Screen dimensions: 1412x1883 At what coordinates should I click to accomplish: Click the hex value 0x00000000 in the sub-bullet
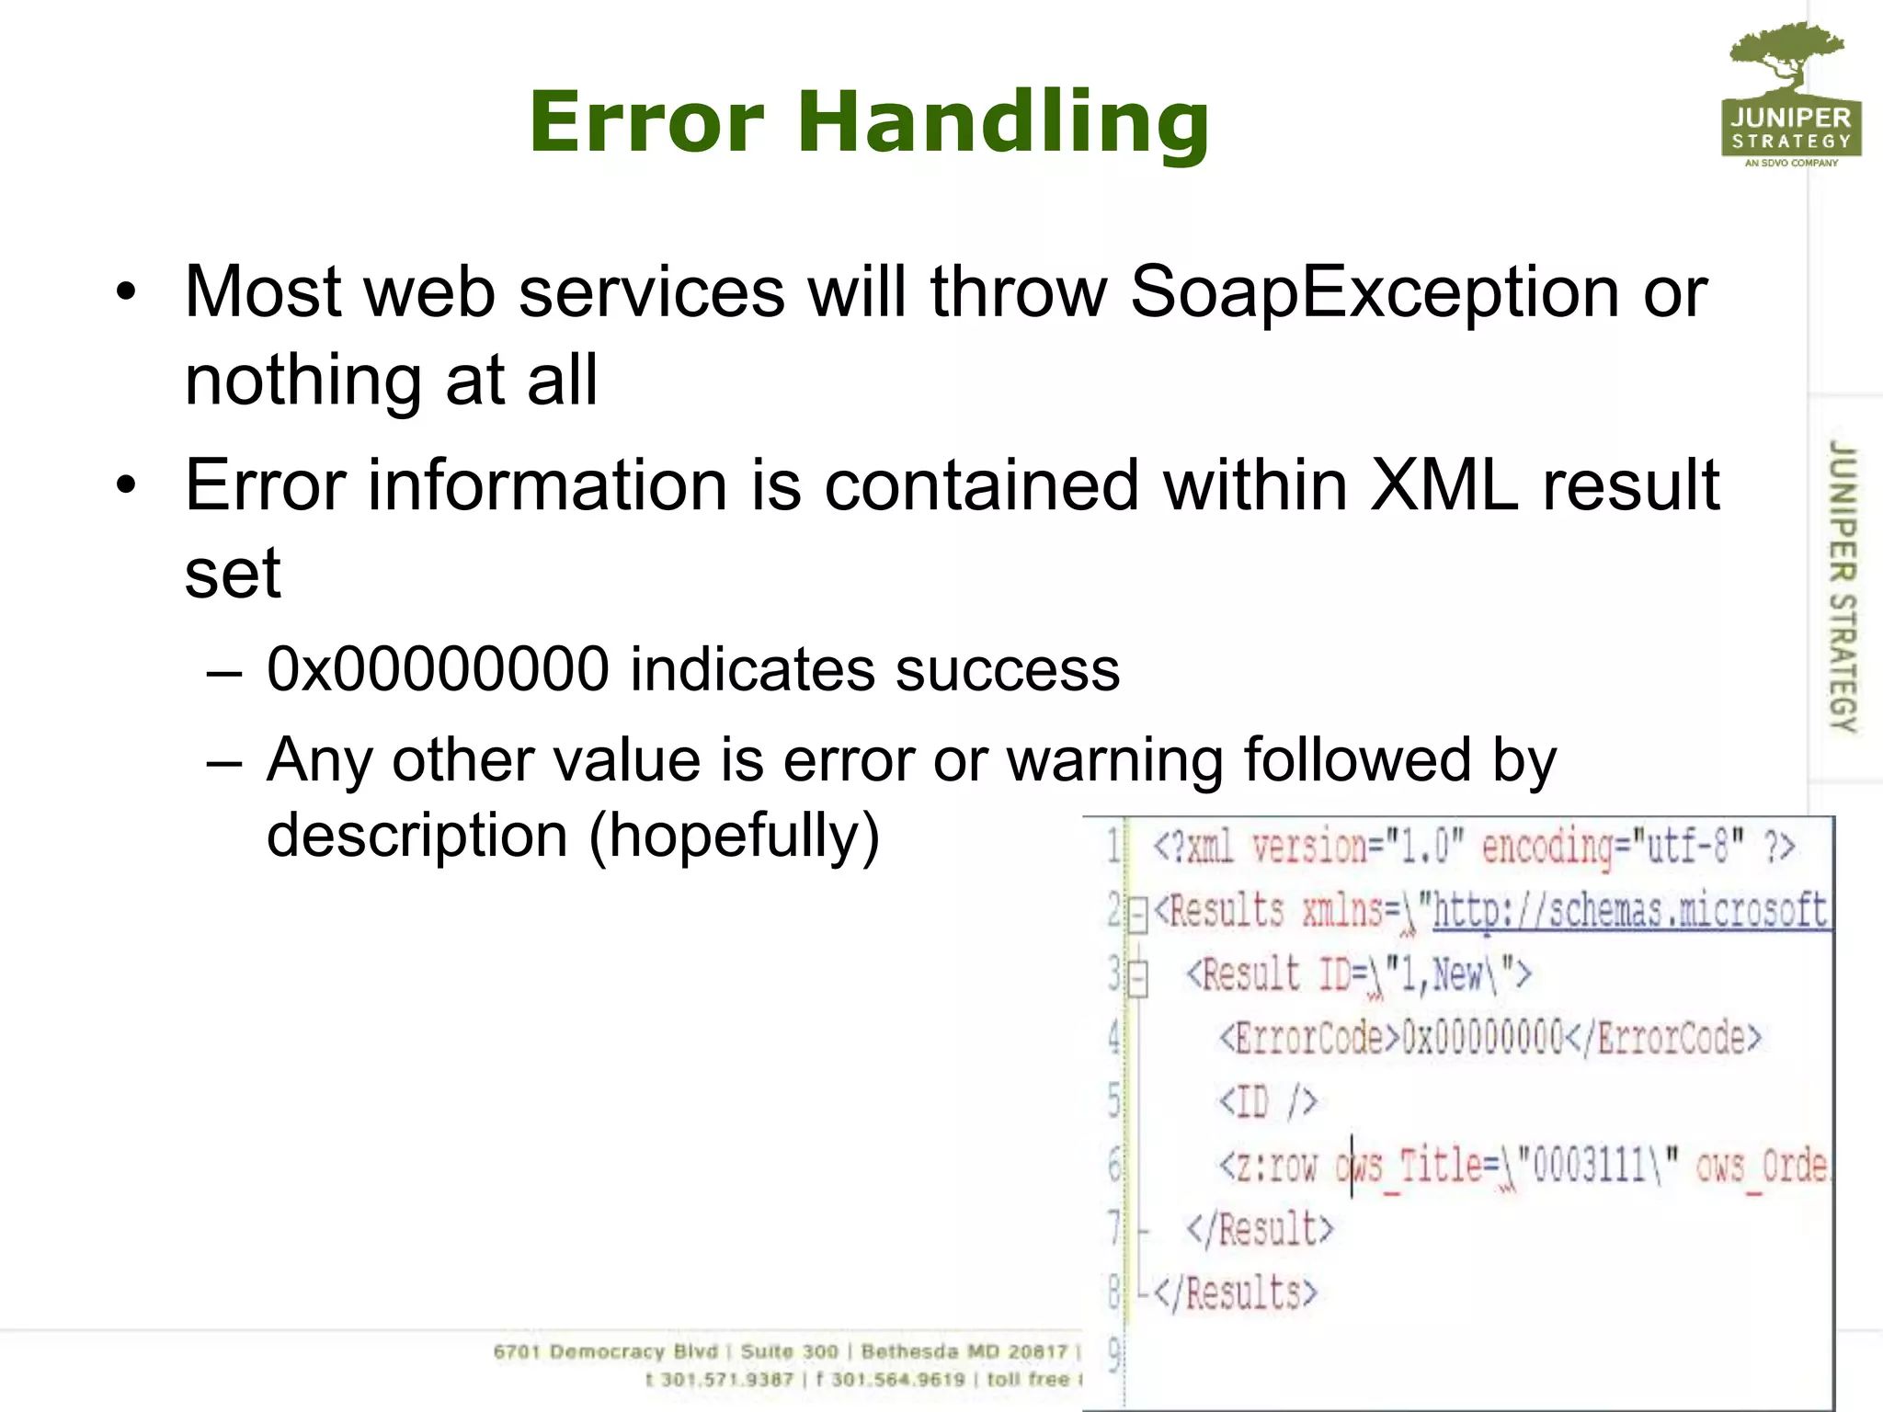(x=438, y=669)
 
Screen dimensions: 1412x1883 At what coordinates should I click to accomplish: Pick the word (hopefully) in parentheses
(x=734, y=836)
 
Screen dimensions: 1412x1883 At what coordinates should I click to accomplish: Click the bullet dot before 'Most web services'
(x=126, y=293)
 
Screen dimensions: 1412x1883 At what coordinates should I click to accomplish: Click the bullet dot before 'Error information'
(x=126, y=484)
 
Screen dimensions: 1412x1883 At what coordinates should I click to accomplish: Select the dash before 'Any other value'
(x=225, y=762)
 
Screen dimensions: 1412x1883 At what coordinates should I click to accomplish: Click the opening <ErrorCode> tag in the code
(x=1309, y=1038)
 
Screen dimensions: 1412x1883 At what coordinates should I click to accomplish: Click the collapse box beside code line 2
(x=1138, y=914)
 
